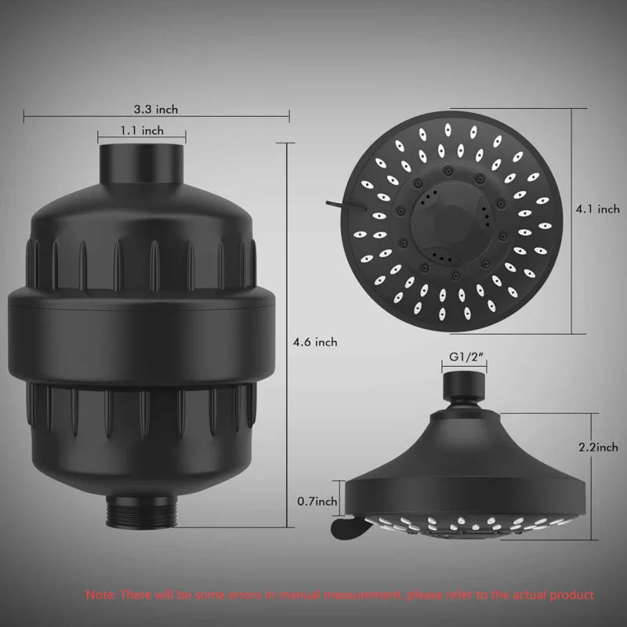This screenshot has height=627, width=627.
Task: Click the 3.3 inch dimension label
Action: (x=155, y=110)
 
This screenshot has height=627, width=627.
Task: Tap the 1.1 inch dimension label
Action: (x=141, y=130)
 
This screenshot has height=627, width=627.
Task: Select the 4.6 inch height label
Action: (x=314, y=342)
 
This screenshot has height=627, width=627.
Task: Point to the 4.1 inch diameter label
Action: (x=597, y=209)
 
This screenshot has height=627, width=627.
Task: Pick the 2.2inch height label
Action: (x=597, y=448)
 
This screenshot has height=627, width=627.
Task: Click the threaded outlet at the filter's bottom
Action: (x=141, y=510)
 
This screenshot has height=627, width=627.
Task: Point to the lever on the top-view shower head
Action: (x=336, y=204)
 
